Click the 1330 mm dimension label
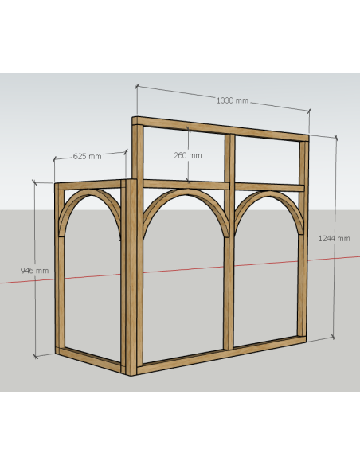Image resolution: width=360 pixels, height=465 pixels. coord(233,100)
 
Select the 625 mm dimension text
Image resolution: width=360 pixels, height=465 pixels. coord(87,156)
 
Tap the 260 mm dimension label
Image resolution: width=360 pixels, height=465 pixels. coord(188,155)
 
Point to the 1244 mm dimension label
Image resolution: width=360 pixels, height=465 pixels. coord(335,238)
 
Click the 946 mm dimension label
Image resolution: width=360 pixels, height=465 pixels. coord(34,271)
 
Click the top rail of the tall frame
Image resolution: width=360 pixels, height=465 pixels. coord(221,128)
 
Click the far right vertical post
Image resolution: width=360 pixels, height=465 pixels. coord(303,237)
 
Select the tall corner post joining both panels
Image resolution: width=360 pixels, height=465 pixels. coord(135,246)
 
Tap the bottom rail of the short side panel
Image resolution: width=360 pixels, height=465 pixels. coord(91,359)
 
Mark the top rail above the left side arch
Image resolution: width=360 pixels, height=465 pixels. coord(89,185)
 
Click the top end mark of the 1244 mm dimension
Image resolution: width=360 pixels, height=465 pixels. coord(336,138)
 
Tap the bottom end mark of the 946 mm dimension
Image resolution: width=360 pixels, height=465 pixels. coord(35,357)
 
